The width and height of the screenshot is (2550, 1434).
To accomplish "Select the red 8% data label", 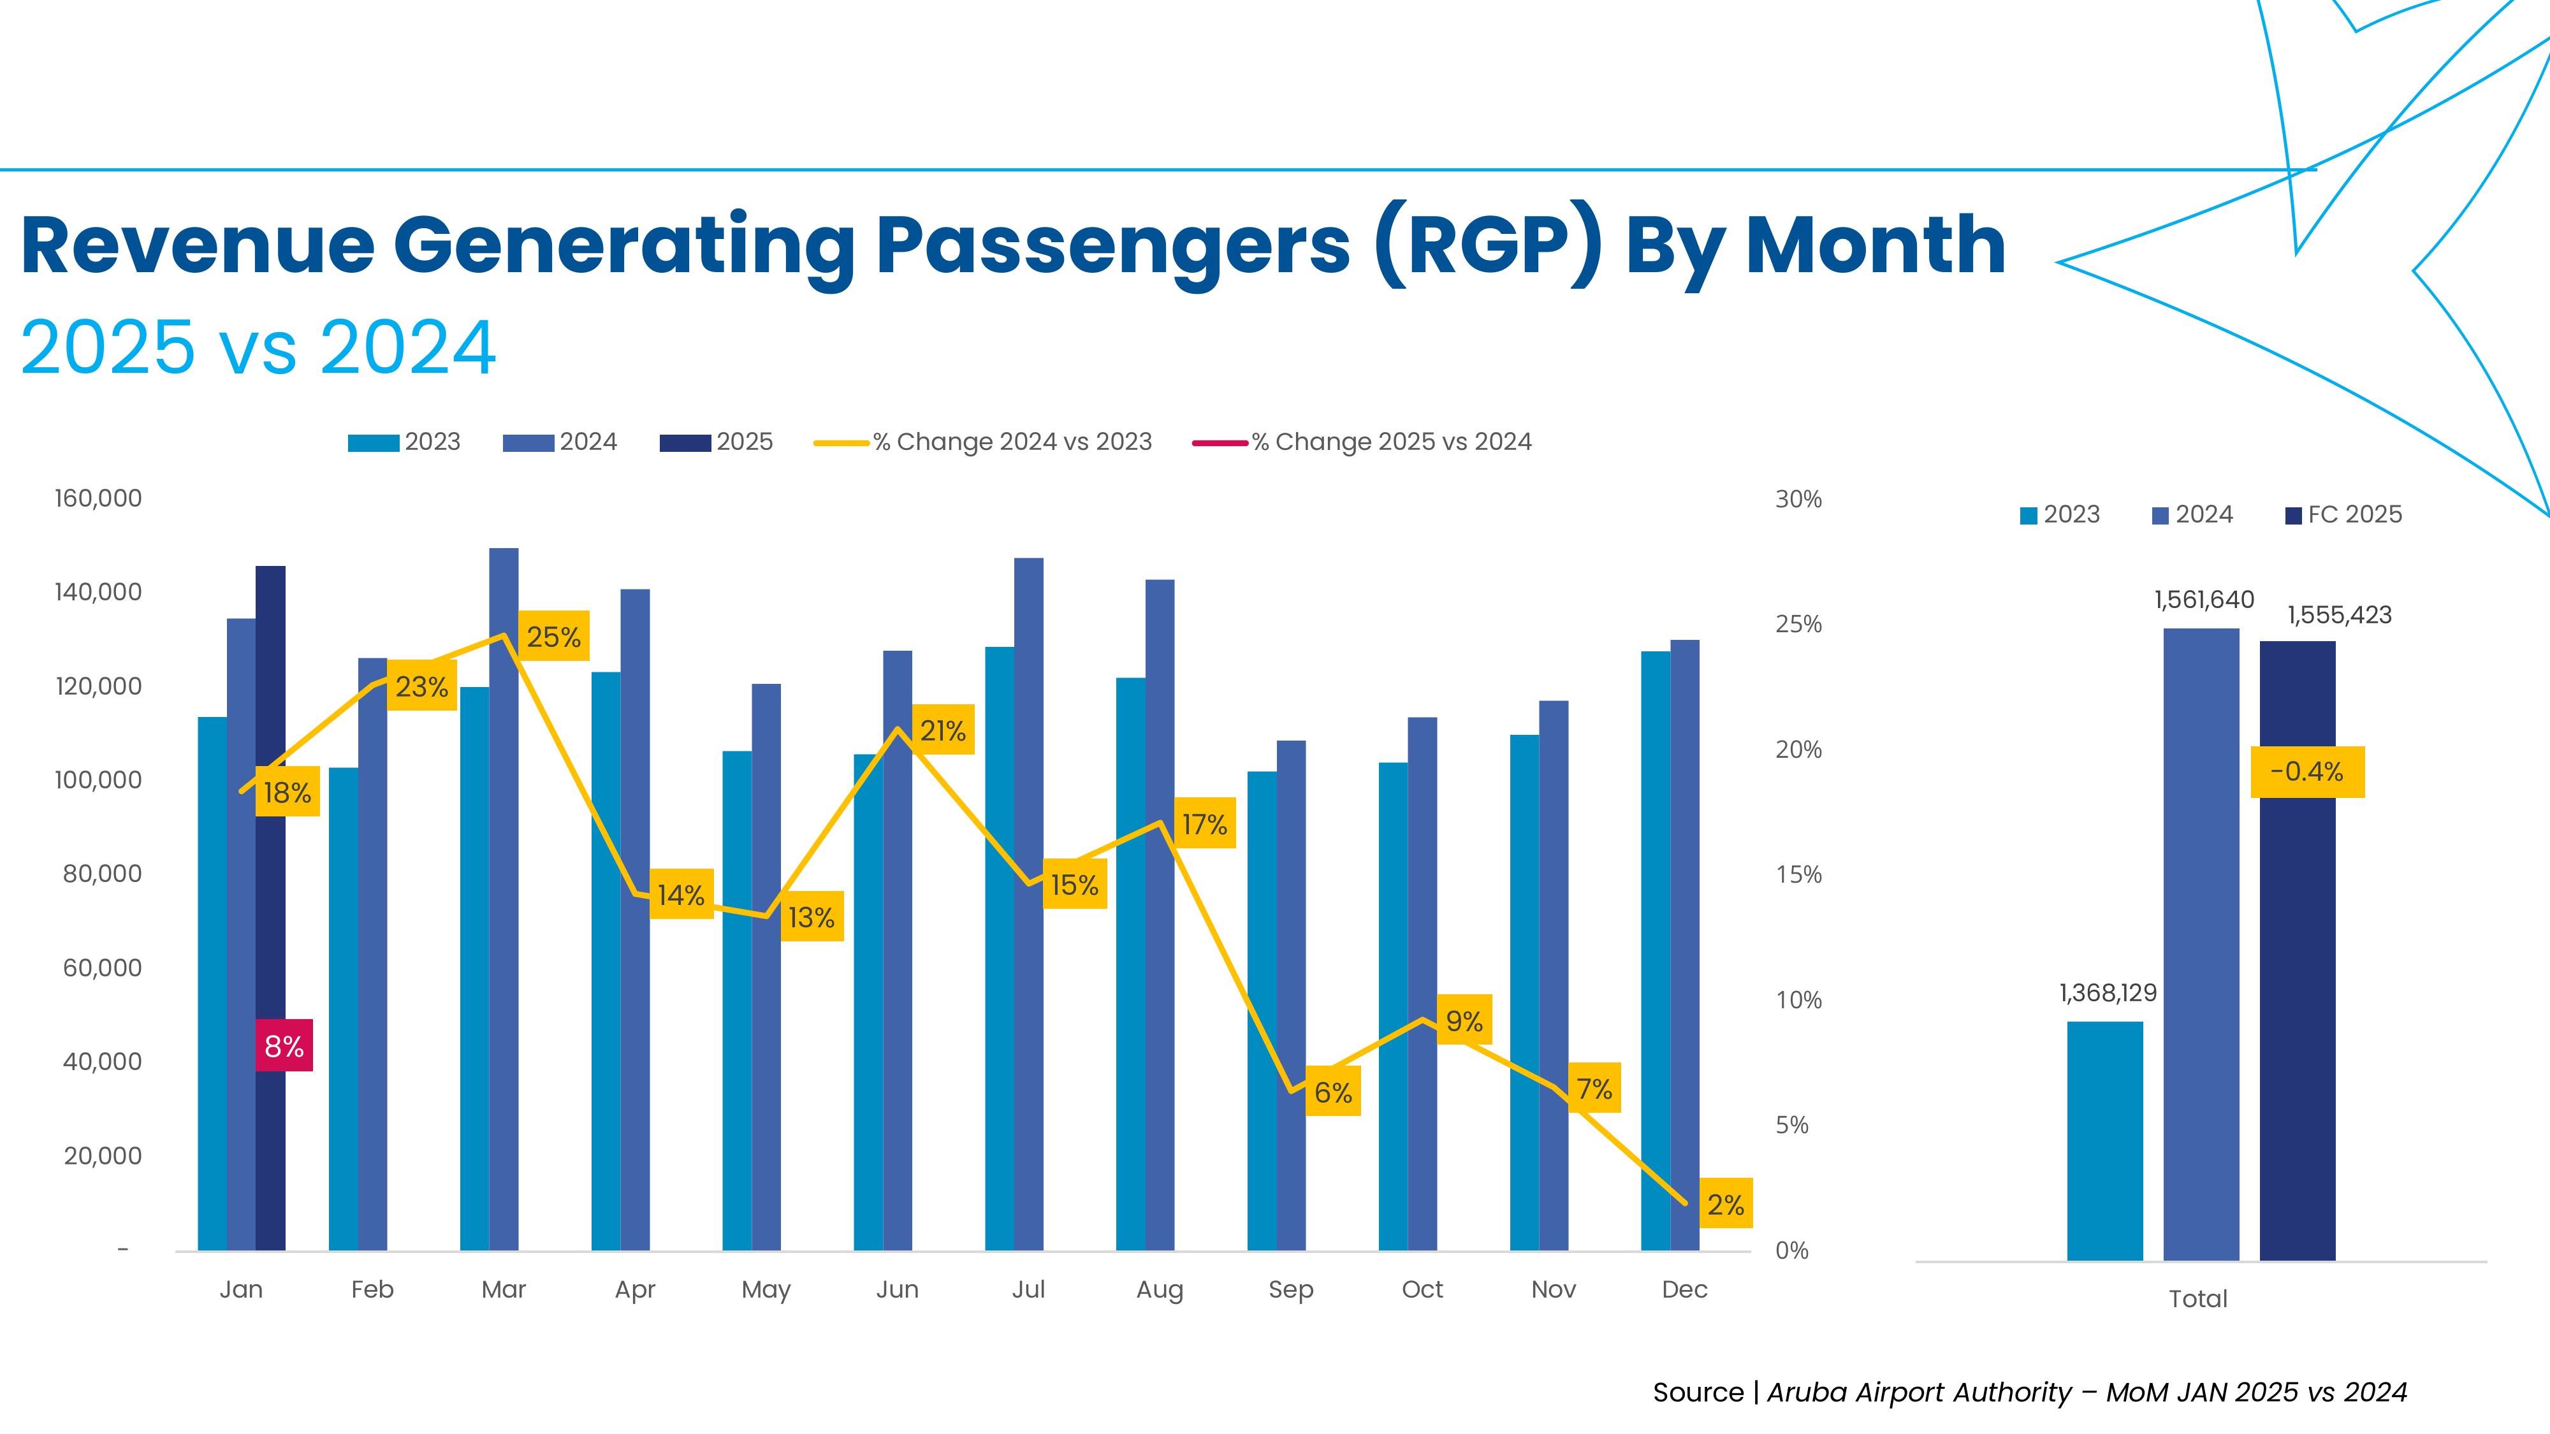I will point(284,1045).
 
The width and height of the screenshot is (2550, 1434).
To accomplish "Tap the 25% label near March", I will point(553,636).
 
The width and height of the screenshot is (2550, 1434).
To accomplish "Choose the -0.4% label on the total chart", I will point(2306,772).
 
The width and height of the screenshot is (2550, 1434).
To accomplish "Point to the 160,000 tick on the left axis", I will point(98,498).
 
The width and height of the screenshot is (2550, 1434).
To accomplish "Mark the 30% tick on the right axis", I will point(1798,499).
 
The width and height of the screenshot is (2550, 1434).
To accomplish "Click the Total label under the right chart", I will point(2197,1298).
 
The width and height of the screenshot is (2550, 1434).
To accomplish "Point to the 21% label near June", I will point(942,730).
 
